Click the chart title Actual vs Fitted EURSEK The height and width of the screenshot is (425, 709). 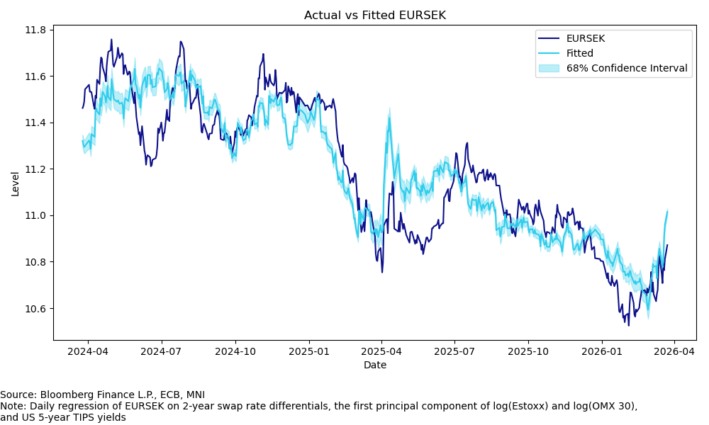(x=375, y=15)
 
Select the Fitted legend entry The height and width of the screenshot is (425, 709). (x=579, y=53)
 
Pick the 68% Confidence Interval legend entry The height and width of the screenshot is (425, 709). (x=626, y=68)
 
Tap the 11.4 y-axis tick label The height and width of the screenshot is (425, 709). (x=35, y=123)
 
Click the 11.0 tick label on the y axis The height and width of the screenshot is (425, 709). (x=35, y=215)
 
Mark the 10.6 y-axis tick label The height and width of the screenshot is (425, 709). (x=35, y=309)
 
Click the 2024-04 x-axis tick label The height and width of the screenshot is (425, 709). (x=89, y=351)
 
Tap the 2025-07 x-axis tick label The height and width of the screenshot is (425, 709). (x=454, y=351)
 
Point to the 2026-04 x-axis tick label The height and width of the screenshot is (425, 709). (x=674, y=351)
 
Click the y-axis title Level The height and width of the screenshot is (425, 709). (x=16, y=184)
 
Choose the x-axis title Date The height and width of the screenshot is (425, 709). (x=375, y=365)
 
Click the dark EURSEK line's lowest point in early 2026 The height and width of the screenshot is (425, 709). (x=628, y=324)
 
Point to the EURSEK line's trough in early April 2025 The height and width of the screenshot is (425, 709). (x=382, y=272)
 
